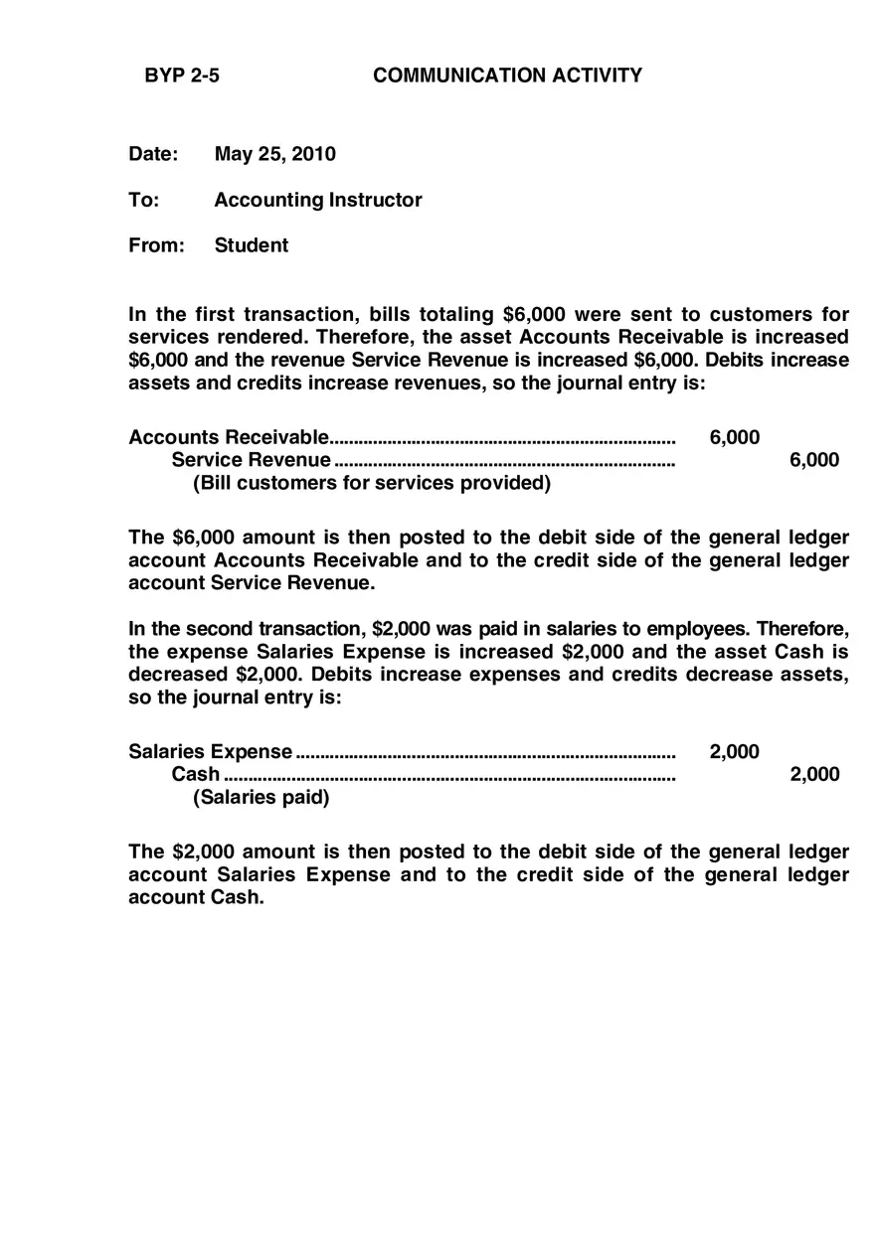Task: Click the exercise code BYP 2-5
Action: coord(182,76)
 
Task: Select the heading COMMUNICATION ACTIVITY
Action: coord(507,76)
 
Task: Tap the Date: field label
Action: coord(153,154)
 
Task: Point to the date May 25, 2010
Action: coord(274,154)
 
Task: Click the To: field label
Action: coord(143,200)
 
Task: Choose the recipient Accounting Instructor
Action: coord(317,200)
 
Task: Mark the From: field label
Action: coord(156,245)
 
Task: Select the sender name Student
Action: coord(251,245)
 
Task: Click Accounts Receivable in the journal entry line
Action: coord(228,437)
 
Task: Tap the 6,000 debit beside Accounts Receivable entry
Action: coord(734,437)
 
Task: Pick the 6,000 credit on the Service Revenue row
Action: coord(813,459)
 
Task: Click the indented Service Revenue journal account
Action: coord(251,459)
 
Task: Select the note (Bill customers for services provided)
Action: coord(371,483)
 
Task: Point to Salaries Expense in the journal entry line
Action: coord(211,751)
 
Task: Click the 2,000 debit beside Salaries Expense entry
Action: coord(734,751)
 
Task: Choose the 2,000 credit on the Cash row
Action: coord(813,774)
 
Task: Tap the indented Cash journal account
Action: coord(195,774)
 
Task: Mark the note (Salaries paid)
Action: coord(261,797)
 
